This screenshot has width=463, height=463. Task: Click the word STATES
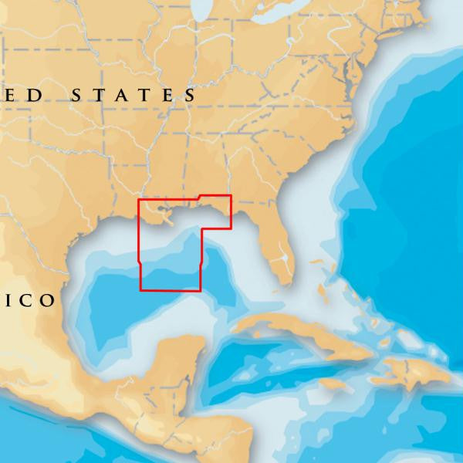(133, 96)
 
